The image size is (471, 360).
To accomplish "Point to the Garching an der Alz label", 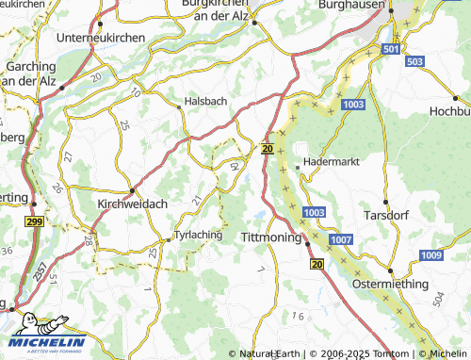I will (32, 75).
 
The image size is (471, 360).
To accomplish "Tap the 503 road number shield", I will (414, 61).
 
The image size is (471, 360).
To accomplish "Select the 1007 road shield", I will (341, 242).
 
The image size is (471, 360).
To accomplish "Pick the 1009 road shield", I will (431, 255).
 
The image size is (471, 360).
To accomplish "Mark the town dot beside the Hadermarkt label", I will (298, 168).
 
